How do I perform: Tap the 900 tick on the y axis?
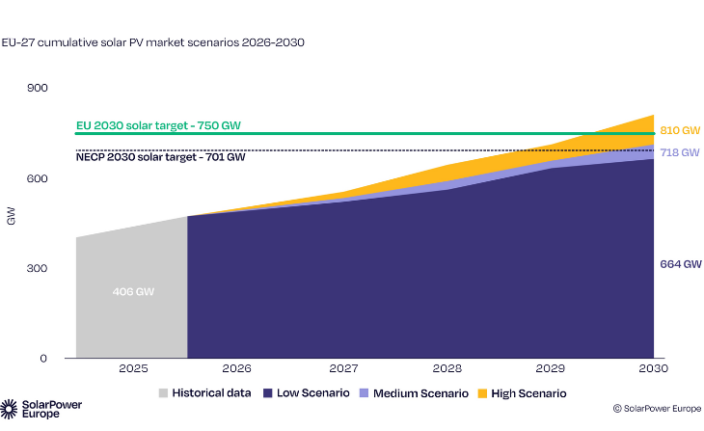tap(38, 89)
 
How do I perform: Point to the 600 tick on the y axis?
tap(38, 178)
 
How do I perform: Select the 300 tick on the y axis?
tap(38, 268)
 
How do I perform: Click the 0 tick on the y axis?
tap(43, 358)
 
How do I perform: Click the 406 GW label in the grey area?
tap(131, 291)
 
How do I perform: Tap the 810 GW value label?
tap(679, 129)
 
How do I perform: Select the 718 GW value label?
tap(679, 152)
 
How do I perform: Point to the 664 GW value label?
tap(679, 262)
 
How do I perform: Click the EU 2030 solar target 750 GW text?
tap(159, 125)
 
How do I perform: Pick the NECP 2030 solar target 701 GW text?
tap(160, 156)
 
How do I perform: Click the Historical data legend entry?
tap(210, 393)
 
